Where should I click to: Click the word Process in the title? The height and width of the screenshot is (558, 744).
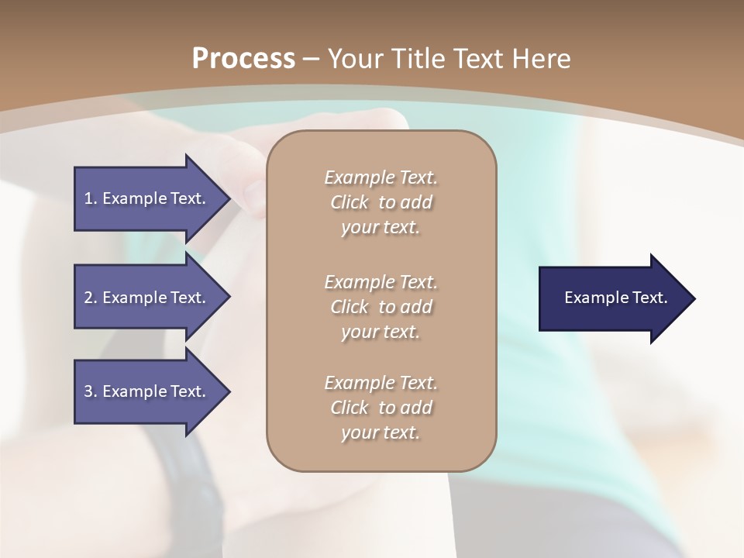pyautogui.click(x=243, y=59)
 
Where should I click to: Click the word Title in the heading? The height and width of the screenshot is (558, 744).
pyautogui.click(x=415, y=59)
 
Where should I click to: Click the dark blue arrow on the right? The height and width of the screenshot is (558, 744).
pyautogui.click(x=612, y=298)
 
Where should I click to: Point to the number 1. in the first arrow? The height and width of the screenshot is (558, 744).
pyautogui.click(x=91, y=198)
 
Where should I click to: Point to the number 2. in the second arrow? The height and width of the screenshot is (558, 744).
pyautogui.click(x=91, y=298)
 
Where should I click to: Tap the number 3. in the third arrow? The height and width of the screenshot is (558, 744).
pyautogui.click(x=91, y=391)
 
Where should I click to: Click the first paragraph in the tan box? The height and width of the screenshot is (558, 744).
pyautogui.click(x=381, y=202)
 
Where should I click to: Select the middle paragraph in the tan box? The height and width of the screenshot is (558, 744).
pyautogui.click(x=381, y=306)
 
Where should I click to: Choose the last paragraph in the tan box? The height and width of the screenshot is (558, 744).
pyautogui.click(x=381, y=408)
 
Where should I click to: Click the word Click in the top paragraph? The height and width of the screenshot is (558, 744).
pyautogui.click(x=350, y=202)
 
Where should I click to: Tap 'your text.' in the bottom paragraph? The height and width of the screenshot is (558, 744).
pyautogui.click(x=381, y=432)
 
